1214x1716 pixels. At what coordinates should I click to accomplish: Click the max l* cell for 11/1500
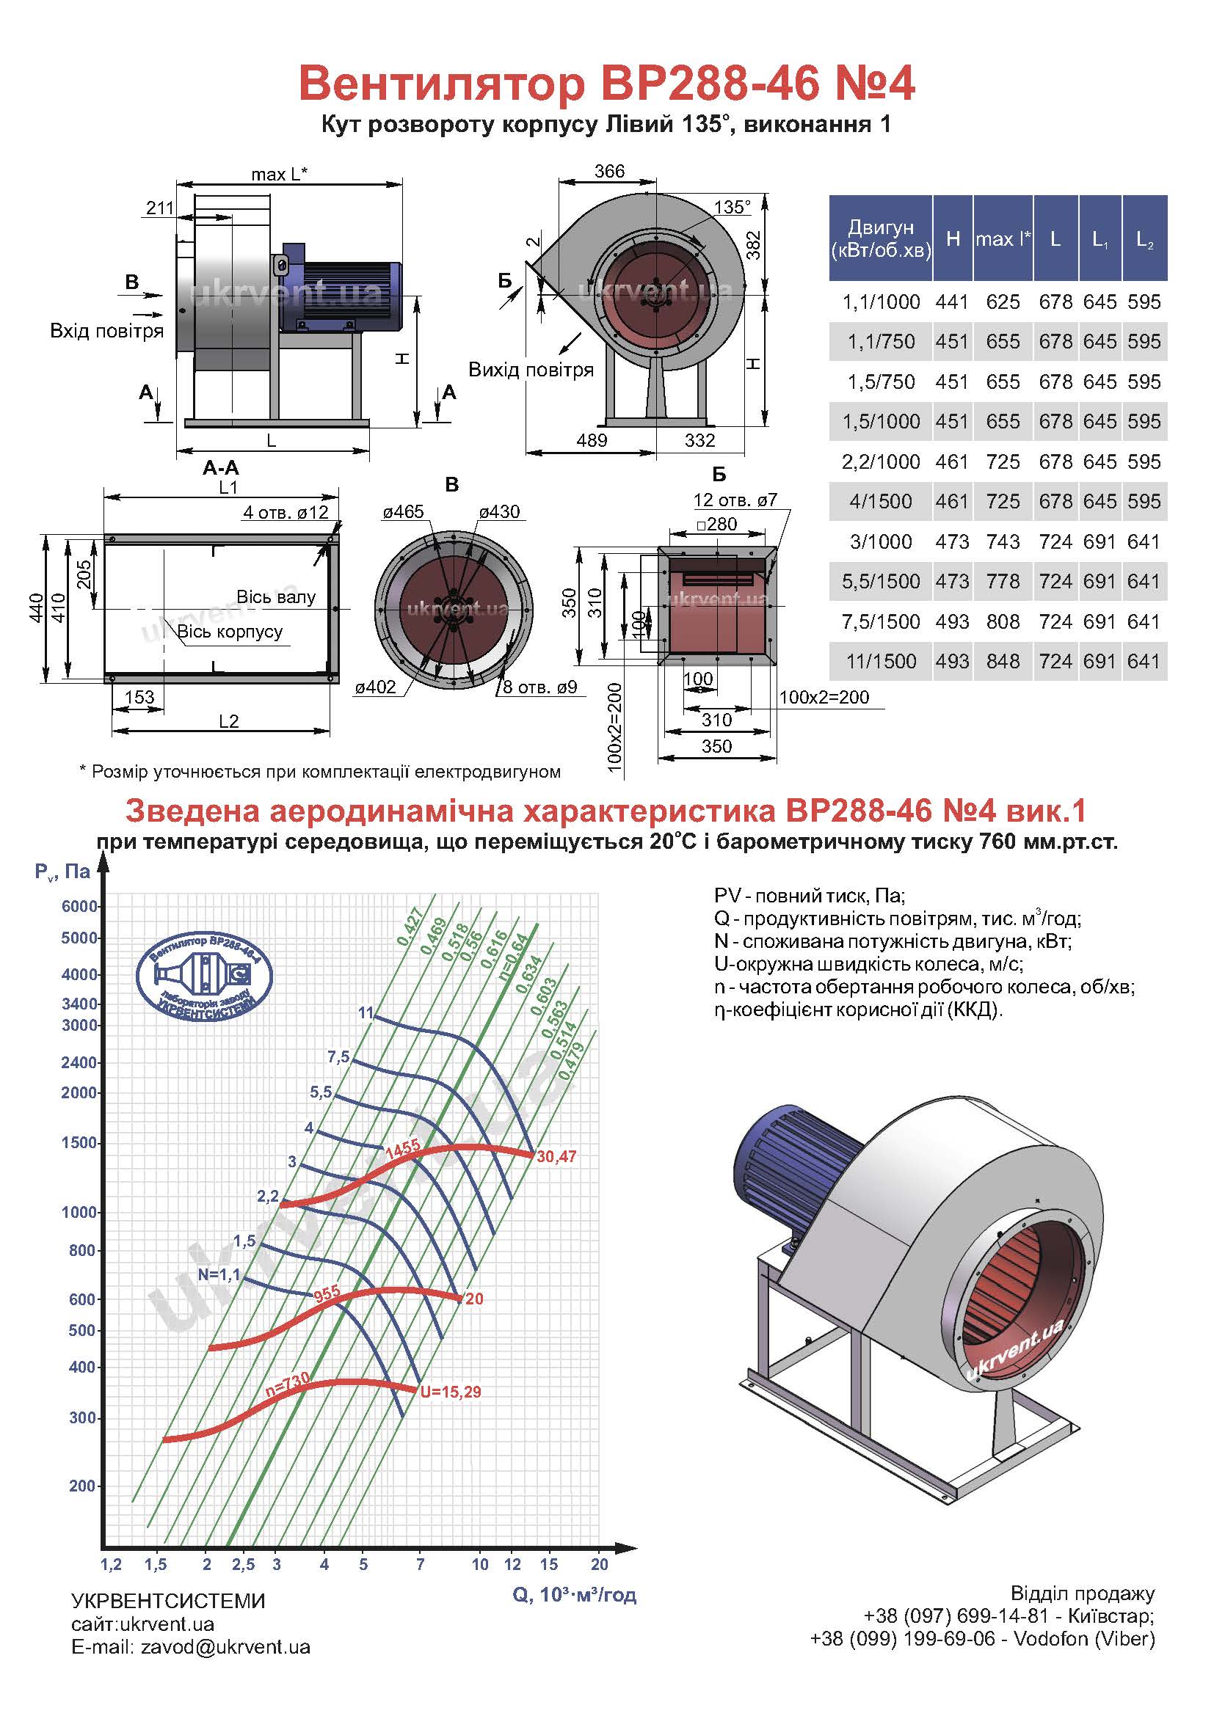point(1003,662)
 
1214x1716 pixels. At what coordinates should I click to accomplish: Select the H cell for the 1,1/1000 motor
point(952,302)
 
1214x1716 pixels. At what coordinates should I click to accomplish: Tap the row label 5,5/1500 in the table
point(881,582)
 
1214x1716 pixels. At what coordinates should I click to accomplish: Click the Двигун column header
point(881,238)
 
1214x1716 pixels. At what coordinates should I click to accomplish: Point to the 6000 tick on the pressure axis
point(79,907)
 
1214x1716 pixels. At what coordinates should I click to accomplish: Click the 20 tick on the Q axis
point(600,1564)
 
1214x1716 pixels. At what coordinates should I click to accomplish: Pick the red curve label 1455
point(402,1148)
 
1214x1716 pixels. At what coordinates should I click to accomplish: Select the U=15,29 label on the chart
point(451,1392)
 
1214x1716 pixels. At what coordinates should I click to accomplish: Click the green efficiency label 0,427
point(410,927)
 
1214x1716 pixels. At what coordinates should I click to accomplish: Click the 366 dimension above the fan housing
point(609,171)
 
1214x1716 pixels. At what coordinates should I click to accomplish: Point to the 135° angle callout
point(732,207)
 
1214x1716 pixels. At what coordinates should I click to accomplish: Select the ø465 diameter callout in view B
point(403,512)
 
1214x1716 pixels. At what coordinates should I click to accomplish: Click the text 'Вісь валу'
point(276,597)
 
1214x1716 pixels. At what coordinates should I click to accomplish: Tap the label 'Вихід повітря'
point(531,370)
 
